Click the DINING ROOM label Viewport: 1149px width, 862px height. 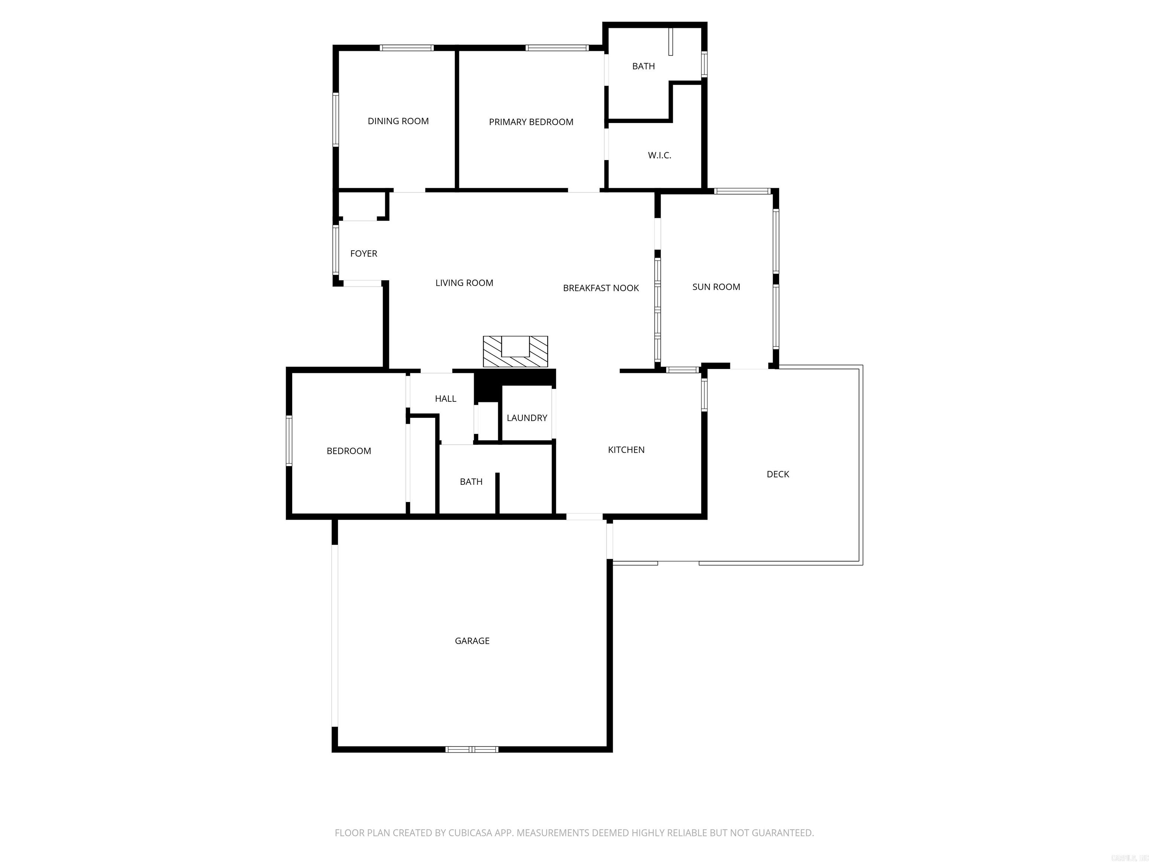point(398,121)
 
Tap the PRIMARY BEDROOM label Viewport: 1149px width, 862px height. point(531,122)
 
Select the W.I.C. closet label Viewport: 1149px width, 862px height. point(659,155)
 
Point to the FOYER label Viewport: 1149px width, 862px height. point(364,254)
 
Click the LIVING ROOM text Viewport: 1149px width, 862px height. point(464,283)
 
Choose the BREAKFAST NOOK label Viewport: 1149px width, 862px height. point(600,288)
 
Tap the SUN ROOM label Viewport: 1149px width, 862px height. point(716,287)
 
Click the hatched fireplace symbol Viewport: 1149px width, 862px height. point(515,351)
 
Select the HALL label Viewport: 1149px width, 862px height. point(445,398)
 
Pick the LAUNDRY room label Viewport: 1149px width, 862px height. point(527,418)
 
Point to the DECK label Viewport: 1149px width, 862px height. point(778,474)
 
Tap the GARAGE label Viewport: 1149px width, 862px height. point(472,641)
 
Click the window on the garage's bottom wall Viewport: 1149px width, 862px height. point(472,749)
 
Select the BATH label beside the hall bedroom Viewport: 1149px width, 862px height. point(471,482)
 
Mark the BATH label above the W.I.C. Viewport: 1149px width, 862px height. point(643,66)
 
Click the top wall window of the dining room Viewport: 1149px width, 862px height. point(406,48)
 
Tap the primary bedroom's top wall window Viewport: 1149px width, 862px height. point(556,48)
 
